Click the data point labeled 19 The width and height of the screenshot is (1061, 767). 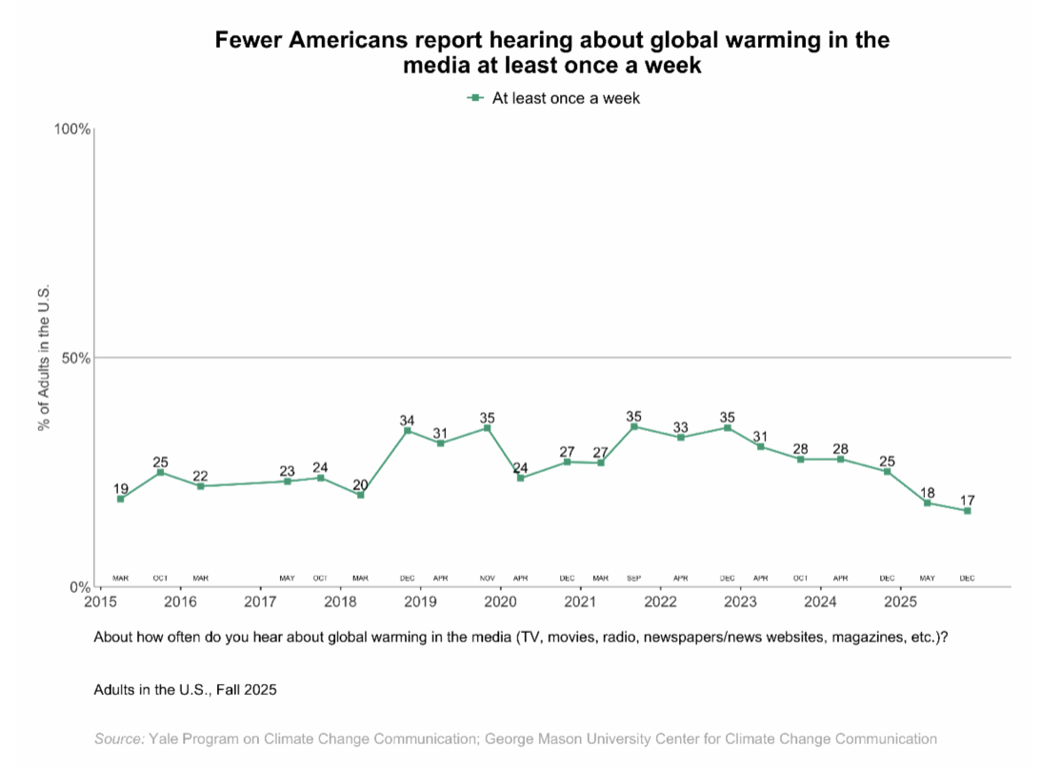coord(120,499)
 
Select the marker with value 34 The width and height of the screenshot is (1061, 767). coord(408,430)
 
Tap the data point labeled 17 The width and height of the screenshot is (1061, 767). coord(968,511)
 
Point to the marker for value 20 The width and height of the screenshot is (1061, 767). coord(360,495)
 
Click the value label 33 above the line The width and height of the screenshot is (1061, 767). coord(681,428)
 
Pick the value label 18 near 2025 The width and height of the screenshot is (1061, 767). coord(927,493)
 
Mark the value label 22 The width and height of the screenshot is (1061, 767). coord(200,476)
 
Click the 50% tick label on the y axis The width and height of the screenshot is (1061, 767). coord(76,359)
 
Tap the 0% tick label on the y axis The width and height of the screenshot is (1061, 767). coord(80,587)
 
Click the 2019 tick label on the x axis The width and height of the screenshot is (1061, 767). coord(420,602)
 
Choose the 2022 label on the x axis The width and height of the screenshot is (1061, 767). coord(660,602)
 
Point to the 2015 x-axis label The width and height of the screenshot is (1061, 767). coord(100,602)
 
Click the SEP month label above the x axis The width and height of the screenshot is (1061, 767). coord(634,578)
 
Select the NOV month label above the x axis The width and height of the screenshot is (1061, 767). coord(488,578)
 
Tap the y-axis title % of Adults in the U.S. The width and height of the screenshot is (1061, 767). coord(44,358)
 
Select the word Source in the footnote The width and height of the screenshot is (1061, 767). coord(118,738)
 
